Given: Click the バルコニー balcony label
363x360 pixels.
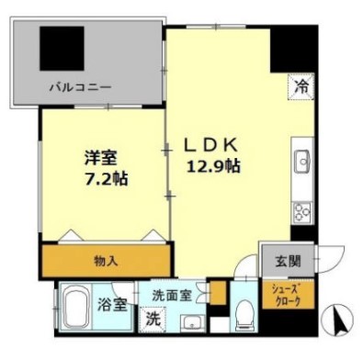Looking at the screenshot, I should pyautogui.click(x=80, y=88).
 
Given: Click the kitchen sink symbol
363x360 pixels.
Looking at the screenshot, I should pyautogui.click(x=303, y=163).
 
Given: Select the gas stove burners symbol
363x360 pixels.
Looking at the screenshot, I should pyautogui.click(x=302, y=211).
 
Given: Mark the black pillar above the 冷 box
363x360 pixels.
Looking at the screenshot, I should pyautogui.click(x=291, y=51).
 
